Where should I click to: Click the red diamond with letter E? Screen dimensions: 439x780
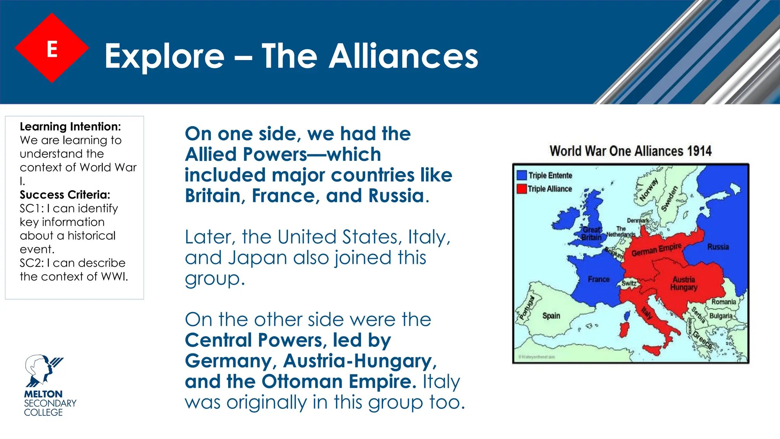[x=52, y=48]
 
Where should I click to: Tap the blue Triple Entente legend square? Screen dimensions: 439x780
[x=521, y=175]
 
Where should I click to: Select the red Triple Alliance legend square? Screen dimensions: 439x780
[x=521, y=189]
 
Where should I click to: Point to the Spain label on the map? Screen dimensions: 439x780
[x=551, y=316]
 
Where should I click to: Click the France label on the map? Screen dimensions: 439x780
[x=598, y=279]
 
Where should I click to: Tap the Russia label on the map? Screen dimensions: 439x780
[x=718, y=247]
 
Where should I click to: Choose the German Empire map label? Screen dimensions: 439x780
[x=656, y=250]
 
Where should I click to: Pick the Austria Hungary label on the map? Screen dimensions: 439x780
[x=684, y=284]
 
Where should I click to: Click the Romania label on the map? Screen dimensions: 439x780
[x=723, y=302]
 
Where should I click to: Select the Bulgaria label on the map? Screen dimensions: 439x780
[x=721, y=316]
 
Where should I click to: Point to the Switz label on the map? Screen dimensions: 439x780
[x=629, y=283]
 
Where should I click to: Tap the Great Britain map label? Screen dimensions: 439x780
[x=591, y=234]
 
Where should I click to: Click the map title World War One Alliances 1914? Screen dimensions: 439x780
[x=630, y=151]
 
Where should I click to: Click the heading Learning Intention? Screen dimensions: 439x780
[x=70, y=127]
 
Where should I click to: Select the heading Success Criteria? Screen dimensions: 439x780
[x=65, y=195]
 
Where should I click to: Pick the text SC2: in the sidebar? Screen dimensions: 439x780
[x=32, y=263]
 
